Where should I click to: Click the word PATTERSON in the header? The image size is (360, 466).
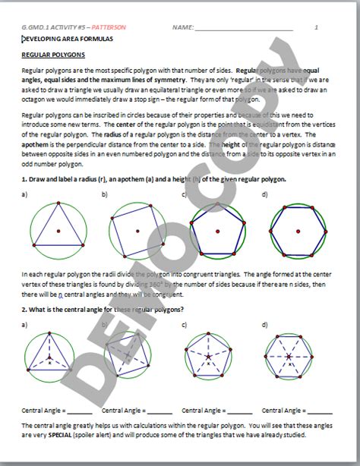[x=112, y=27]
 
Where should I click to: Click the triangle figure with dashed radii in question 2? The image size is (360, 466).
[x=50, y=354]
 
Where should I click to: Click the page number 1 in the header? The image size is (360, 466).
[x=315, y=27]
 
